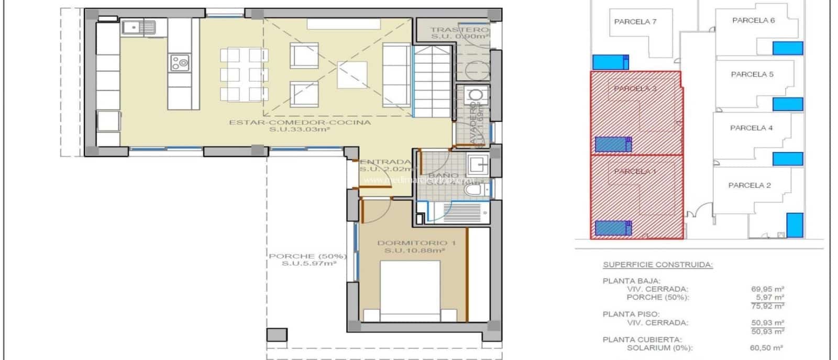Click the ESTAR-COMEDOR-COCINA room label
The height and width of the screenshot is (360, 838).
click(300, 123)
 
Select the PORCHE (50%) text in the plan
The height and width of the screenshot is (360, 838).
click(308, 256)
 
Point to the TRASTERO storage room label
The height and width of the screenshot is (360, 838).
click(459, 30)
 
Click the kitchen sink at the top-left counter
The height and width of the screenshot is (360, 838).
click(139, 26)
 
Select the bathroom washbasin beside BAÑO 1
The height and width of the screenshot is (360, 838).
click(478, 165)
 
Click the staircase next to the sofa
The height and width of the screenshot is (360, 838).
click(432, 81)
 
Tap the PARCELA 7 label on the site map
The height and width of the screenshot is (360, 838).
click(635, 22)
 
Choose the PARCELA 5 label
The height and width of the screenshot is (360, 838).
click(752, 74)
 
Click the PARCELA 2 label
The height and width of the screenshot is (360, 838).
click(749, 185)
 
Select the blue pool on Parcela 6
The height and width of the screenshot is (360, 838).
click(787, 48)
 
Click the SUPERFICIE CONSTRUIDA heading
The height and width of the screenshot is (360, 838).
click(657, 265)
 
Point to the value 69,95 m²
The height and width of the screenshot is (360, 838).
click(767, 289)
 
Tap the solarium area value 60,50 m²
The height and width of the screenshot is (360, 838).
click(767, 347)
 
